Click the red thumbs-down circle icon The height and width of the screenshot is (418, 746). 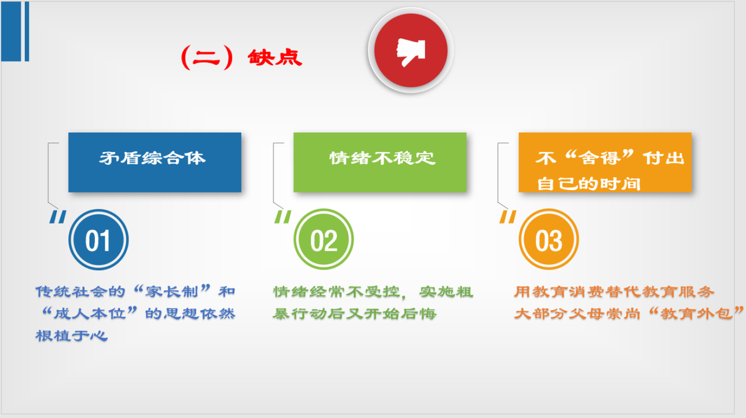click(x=410, y=50)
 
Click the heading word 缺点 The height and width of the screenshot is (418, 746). click(x=274, y=58)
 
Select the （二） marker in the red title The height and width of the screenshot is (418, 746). click(x=207, y=58)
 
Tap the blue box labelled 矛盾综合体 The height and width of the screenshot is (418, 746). click(x=155, y=162)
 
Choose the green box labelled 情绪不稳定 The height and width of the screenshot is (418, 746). click(x=380, y=162)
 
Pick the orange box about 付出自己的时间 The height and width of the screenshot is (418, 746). click(x=604, y=162)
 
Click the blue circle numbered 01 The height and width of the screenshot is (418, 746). click(x=99, y=240)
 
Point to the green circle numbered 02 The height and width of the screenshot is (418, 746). click(x=323, y=240)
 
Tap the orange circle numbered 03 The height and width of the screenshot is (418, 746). click(x=548, y=240)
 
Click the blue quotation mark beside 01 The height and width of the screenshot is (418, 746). click(x=58, y=218)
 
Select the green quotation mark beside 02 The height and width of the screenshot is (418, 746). click(x=283, y=218)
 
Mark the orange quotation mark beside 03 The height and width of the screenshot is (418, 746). click(x=508, y=218)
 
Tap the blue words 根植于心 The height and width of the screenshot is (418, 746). click(x=71, y=336)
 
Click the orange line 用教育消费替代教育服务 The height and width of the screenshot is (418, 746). click(x=614, y=292)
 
